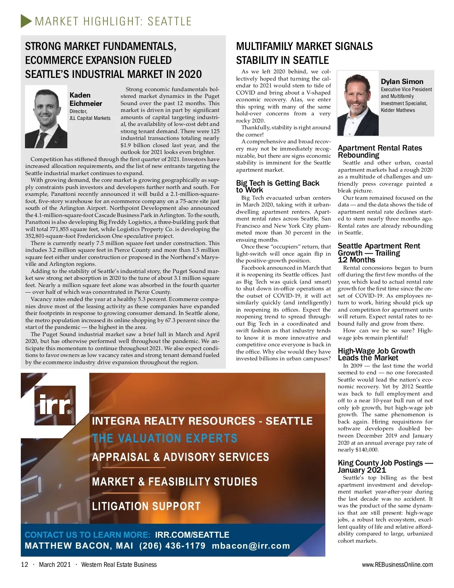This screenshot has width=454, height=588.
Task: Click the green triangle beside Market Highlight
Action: coord(26,21)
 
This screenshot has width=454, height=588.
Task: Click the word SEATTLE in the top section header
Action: coord(169,21)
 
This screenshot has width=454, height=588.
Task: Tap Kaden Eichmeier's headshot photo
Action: coord(46,117)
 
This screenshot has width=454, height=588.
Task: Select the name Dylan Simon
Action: coord(402,81)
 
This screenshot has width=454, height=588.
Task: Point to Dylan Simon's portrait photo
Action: coord(358,104)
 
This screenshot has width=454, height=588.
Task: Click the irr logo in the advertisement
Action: coord(55,405)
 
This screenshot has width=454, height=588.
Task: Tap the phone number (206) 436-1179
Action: coord(172,546)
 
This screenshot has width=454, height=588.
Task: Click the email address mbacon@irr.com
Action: coord(251,546)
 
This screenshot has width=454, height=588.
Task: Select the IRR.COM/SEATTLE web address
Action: coord(192,535)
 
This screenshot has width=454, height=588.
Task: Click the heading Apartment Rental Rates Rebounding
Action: coord(379,151)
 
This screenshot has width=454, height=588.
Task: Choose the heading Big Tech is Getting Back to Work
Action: coord(277,186)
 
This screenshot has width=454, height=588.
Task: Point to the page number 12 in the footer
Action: coord(25,565)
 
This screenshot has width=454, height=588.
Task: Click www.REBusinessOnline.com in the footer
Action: coord(397,565)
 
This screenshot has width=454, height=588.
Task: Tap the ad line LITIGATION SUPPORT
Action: coord(146,506)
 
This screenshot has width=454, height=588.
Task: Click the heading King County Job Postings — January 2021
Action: coord(385,466)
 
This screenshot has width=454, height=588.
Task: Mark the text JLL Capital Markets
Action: coord(90,118)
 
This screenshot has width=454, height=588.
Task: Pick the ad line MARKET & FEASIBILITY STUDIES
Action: coord(174,481)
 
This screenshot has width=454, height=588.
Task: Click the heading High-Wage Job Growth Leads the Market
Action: coord(376,354)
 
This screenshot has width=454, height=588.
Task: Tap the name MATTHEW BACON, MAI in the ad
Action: coord(79,546)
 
